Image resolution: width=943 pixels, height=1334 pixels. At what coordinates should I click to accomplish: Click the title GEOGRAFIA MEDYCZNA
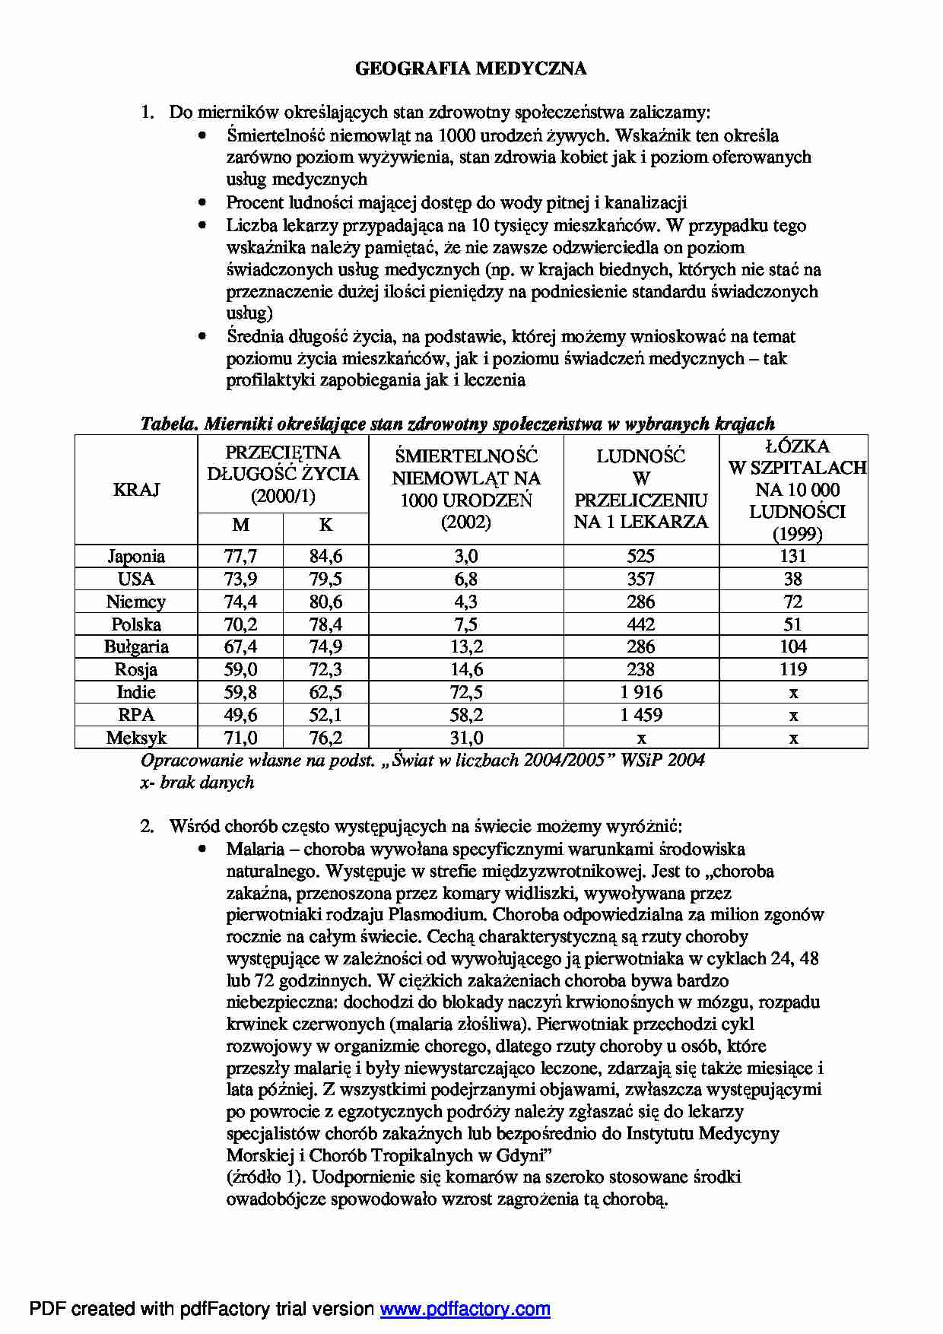pos(471,69)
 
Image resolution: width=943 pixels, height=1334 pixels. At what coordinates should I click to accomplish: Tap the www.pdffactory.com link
pos(465,1309)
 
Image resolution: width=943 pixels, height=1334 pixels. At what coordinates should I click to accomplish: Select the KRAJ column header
pos(136,490)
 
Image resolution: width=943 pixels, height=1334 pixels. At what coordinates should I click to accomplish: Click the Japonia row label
pos(136,556)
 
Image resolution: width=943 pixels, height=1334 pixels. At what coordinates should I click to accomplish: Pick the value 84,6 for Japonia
pos(325,556)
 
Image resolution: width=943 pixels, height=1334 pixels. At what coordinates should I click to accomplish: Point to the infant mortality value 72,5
pos(466,692)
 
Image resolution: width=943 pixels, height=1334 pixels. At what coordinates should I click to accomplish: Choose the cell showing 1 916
pos(641,692)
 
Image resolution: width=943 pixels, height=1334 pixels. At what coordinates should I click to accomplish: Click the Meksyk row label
pos(136,738)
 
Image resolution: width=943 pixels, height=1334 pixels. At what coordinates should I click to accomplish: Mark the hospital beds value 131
pos(793,556)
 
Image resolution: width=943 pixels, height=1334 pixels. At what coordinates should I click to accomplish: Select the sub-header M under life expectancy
pos(240,525)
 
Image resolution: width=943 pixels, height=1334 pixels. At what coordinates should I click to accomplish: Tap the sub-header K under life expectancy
pos(325,525)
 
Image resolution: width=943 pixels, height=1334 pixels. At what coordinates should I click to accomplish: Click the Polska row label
pos(136,624)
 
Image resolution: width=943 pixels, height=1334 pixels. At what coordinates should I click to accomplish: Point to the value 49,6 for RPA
pos(240,715)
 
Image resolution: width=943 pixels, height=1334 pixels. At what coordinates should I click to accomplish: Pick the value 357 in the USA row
pos(641,579)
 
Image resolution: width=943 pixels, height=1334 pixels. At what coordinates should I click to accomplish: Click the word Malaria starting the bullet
pos(256,849)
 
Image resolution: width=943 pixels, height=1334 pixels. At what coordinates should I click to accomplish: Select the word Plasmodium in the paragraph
pos(433,915)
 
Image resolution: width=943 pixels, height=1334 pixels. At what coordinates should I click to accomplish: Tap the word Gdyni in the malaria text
pos(519,1155)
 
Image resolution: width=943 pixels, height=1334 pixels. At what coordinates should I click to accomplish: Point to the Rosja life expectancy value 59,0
pos(240,669)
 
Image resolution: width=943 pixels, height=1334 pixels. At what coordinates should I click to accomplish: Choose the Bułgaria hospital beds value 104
pos(793,646)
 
